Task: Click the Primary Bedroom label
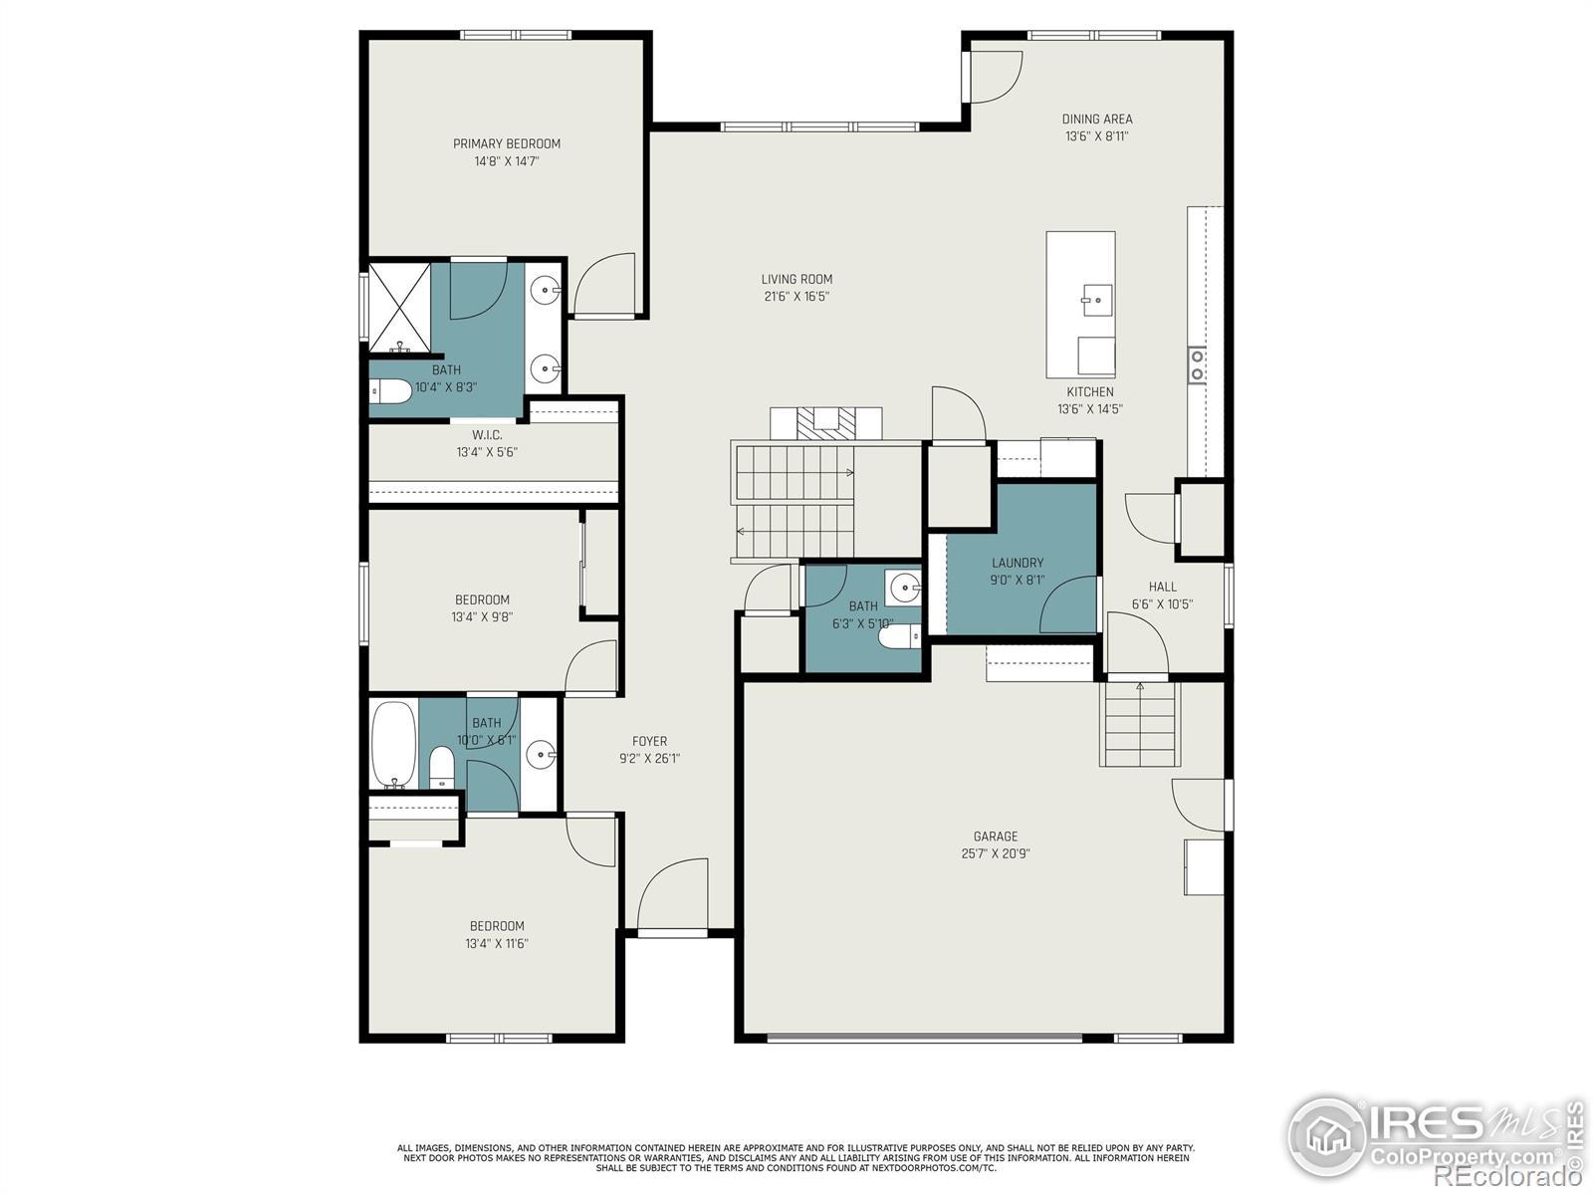point(507,143)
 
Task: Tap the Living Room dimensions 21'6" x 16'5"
point(796,296)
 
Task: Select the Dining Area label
point(1096,119)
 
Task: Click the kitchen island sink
point(1096,300)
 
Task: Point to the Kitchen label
point(1090,391)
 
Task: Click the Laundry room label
point(1018,563)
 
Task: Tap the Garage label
point(996,836)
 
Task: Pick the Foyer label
point(649,741)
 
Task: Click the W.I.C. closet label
point(487,434)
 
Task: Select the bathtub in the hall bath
point(394,745)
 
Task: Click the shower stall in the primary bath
point(400,308)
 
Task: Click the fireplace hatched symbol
point(826,424)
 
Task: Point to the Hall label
point(1162,587)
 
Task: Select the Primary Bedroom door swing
point(604,284)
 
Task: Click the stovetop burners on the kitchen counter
point(1197,364)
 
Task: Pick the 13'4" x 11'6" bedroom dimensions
point(497,943)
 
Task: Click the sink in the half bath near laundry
point(904,585)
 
